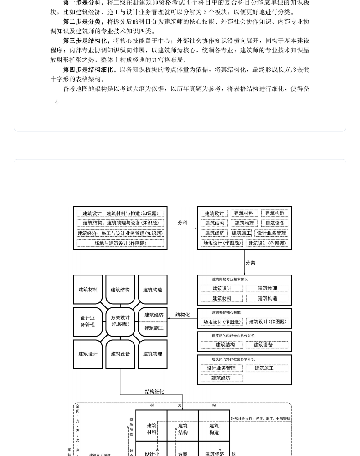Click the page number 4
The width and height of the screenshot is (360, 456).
[57, 103]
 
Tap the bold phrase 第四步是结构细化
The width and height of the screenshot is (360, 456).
[89, 69]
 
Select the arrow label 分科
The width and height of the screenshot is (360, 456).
[182, 223]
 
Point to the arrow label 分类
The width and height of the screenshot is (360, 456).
[250, 263]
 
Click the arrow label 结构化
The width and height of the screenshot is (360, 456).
[182, 315]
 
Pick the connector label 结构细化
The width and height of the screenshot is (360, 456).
[154, 391]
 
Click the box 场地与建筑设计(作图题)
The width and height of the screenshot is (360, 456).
[120, 243]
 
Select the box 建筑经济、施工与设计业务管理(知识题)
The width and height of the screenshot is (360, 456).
[120, 233]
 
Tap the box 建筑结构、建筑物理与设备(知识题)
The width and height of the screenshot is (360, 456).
[120, 223]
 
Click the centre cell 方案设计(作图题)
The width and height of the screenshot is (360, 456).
[120, 321]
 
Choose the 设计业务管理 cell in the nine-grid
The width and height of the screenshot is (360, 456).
[87, 321]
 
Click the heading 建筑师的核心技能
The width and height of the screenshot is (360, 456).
[226, 313]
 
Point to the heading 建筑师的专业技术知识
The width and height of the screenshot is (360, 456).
[230, 280]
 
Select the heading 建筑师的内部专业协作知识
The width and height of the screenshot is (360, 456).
[233, 336]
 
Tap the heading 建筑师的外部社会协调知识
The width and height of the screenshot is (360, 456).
[233, 359]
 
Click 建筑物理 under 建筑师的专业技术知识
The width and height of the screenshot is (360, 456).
[267, 288]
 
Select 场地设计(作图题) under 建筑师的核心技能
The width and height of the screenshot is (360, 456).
[222, 321]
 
